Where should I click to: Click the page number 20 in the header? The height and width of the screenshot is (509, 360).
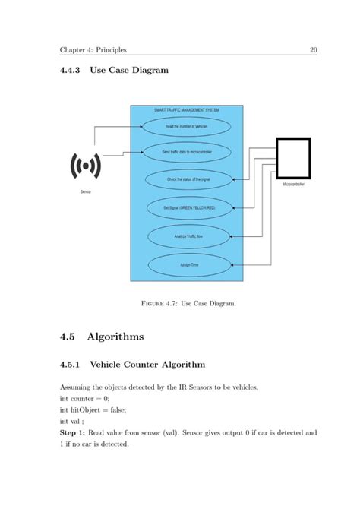click(312, 51)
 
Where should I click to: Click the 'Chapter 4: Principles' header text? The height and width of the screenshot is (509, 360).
click(93, 51)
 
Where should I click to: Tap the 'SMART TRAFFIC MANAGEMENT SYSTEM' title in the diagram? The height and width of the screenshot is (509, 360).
click(186, 111)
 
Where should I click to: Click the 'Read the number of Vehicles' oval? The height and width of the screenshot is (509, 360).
click(186, 125)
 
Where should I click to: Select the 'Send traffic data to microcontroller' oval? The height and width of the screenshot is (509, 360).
click(186, 152)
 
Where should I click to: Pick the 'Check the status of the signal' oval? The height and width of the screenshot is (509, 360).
click(186, 179)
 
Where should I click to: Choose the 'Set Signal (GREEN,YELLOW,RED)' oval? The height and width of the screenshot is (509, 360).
click(186, 207)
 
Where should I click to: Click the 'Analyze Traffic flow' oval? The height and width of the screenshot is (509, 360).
click(186, 236)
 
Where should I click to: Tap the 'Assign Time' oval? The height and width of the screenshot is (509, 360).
click(186, 264)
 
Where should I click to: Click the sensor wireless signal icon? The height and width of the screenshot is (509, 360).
click(86, 165)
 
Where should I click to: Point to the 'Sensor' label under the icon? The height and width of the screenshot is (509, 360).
click(86, 192)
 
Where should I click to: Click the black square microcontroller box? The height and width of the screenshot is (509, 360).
click(292, 156)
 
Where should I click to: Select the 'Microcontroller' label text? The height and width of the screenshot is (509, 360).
click(293, 185)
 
